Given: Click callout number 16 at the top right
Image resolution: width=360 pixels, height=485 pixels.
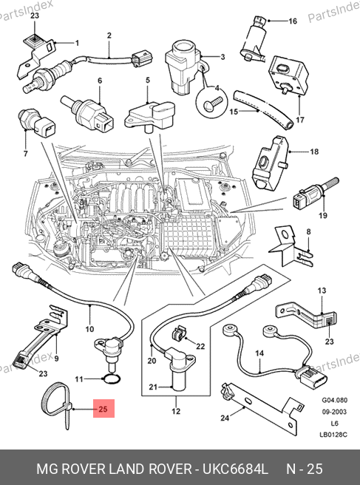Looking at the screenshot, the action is coord(292,21).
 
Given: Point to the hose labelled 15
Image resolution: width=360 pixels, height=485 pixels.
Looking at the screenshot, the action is coord(263,109).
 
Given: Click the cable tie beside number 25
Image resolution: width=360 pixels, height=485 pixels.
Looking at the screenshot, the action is coord(56,402).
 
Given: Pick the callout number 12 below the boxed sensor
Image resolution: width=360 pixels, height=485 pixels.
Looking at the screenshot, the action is coord(176,411).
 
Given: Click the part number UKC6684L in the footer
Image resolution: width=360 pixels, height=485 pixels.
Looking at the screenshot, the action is coord(235,469).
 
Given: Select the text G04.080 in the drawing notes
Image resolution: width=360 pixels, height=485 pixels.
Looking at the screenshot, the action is coord(335,400).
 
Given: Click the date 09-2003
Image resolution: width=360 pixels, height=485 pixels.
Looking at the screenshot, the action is coord(334,412).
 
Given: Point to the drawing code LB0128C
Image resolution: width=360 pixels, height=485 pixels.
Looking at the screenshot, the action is coord(333,435).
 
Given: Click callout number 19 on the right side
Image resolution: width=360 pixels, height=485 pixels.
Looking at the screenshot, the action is coord(323,215).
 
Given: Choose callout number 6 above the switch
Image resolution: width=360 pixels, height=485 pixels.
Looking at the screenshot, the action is coord(100,81).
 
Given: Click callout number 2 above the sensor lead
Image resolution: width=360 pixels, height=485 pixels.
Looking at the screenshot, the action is coord(109,35).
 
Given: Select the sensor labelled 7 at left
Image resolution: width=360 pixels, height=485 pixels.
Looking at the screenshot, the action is coord(37,123).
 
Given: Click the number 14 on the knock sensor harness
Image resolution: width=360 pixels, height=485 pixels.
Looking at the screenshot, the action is coord(259,353).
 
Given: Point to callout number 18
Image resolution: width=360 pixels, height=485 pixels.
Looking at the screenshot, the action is coord(314,152).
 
